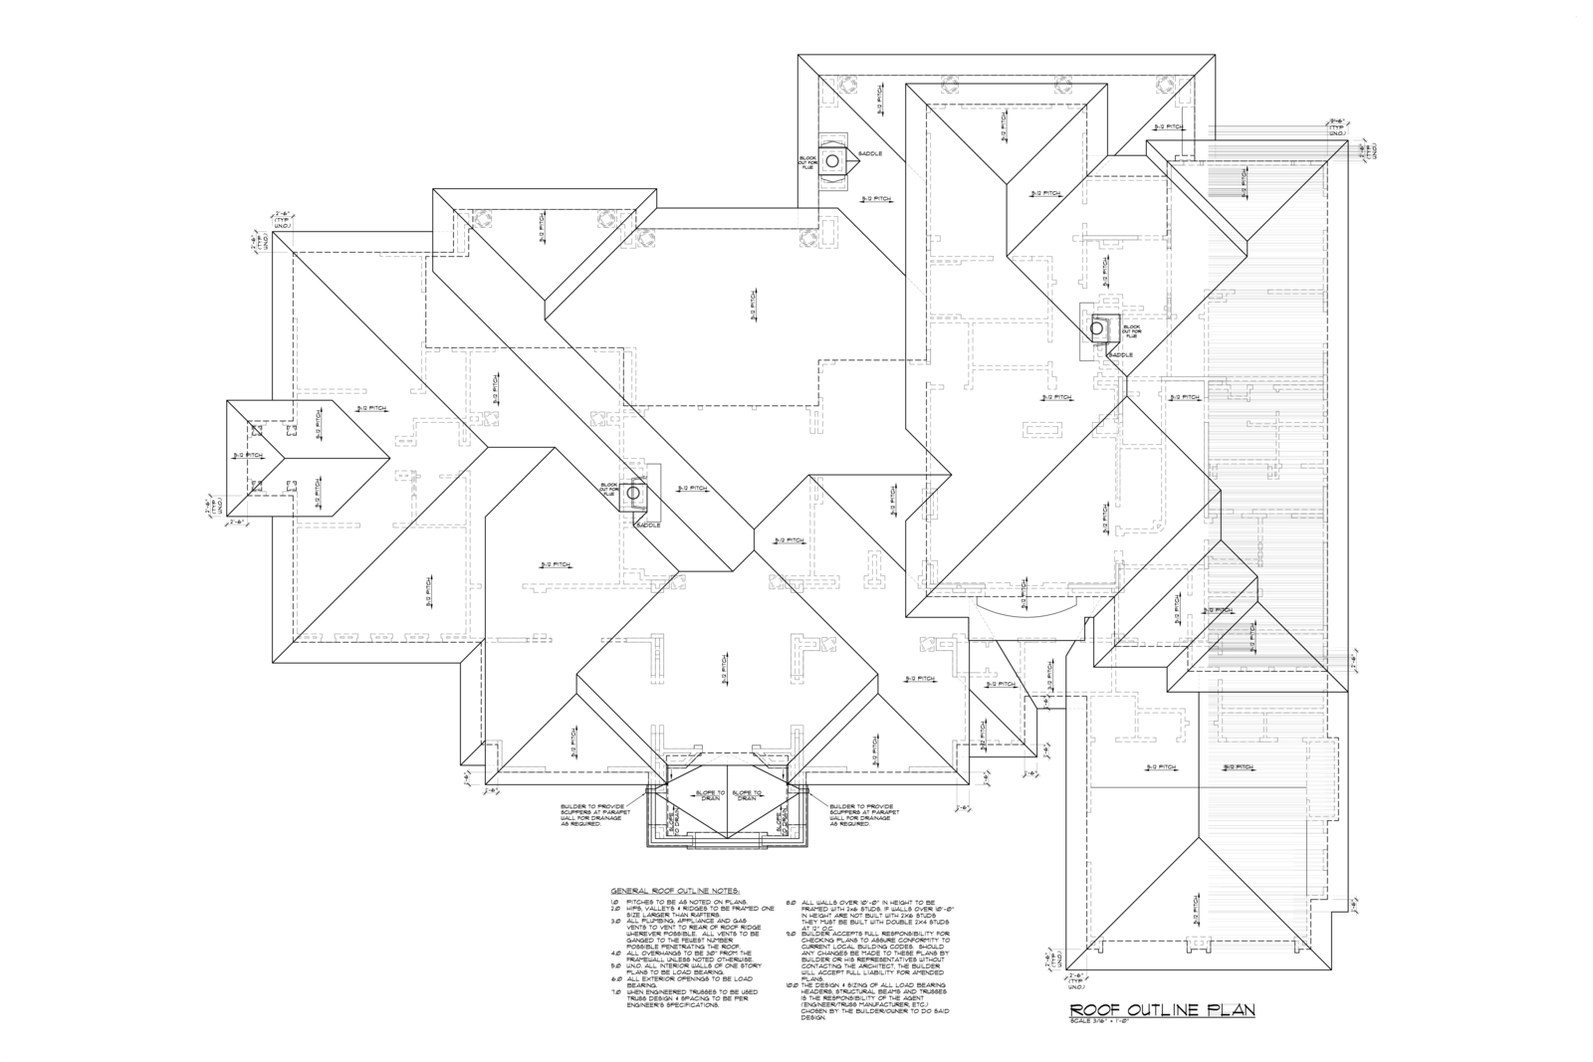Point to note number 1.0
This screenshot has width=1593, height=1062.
point(614,901)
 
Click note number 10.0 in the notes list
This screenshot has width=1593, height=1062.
point(792,985)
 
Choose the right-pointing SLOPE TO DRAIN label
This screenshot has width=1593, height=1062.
point(748,795)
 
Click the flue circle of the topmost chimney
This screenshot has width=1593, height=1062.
point(831,160)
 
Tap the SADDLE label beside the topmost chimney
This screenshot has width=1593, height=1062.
point(869,154)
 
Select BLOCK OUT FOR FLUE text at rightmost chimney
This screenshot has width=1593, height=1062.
point(1132,330)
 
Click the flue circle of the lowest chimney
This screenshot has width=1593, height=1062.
point(636,492)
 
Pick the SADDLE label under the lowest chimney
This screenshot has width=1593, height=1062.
point(647,524)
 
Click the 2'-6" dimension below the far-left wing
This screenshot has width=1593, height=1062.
point(240,522)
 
